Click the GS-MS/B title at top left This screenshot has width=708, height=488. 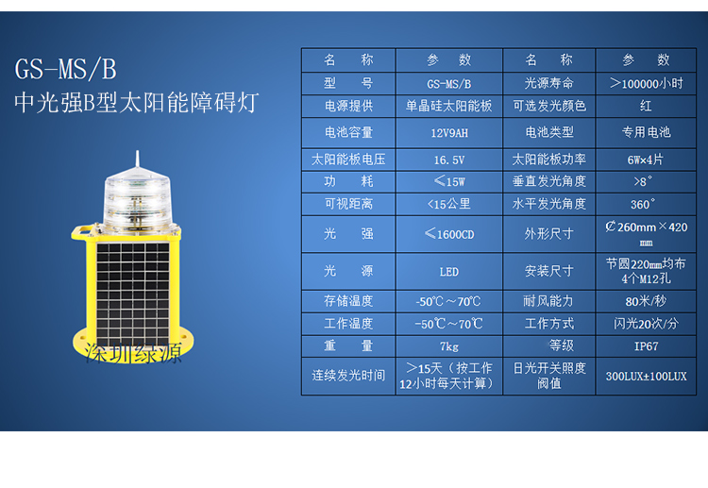65,69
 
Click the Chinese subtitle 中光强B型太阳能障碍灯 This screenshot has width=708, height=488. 136,103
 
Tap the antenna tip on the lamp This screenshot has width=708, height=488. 138,152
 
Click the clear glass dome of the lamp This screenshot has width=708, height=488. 137,200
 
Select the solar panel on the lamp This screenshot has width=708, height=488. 133,294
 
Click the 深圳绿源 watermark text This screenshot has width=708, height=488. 133,353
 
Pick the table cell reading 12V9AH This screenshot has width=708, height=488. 449,133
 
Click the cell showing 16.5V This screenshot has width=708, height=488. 449,160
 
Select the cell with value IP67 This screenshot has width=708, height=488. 646,346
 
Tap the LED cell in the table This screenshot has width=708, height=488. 449,272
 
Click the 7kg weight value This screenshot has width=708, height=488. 449,346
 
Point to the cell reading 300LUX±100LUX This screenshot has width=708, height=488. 646,377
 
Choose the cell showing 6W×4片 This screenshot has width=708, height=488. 646,160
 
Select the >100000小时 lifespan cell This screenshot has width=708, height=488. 646,83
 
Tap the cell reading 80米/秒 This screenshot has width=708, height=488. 646,301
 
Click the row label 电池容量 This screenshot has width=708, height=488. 348,133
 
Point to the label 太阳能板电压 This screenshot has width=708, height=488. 348,160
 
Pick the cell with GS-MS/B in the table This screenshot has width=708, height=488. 449,84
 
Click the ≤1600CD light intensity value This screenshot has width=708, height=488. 449,234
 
